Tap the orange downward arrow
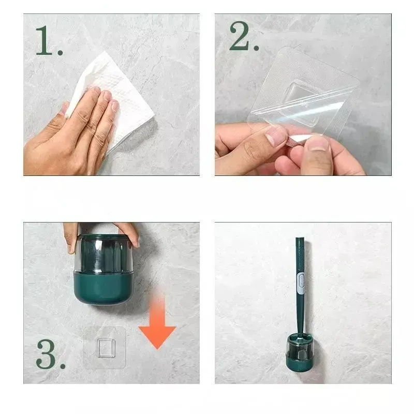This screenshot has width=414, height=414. (157, 322)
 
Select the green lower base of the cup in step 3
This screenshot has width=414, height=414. (103, 288)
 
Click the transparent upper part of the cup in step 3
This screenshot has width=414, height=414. (103, 254)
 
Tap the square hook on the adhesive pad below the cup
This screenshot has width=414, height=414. (106, 348)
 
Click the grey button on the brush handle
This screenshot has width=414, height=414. (301, 283)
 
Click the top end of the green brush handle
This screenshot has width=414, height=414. (300, 239)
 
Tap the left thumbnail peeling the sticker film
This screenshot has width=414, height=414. (275, 135)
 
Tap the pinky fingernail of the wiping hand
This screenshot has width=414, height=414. (114, 105)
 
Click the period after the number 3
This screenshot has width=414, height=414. (63, 366)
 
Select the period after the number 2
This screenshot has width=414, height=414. (256, 48)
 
